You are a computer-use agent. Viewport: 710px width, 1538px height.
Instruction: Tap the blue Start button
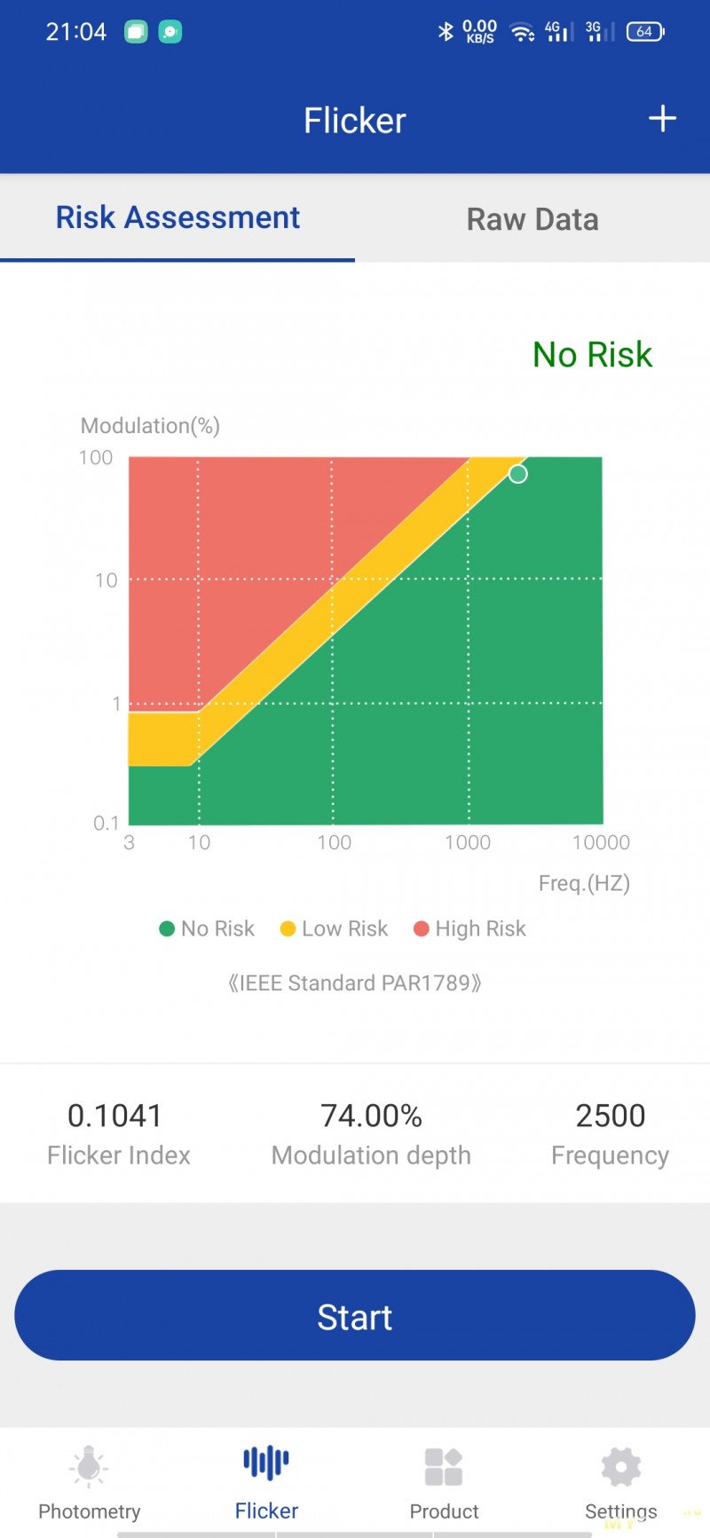pos(354,1315)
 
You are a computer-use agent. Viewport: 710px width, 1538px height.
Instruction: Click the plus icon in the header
pos(662,119)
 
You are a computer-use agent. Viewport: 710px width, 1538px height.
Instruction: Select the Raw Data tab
pos(532,219)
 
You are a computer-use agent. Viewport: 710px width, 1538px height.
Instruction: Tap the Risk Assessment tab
pos(177,217)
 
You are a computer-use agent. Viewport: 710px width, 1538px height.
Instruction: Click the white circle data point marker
pos(517,474)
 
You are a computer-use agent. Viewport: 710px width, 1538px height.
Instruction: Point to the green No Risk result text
pos(592,355)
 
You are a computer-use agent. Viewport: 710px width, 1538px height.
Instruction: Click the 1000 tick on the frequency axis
pos(468,842)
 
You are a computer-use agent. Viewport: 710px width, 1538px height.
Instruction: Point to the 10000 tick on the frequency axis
pos(601,842)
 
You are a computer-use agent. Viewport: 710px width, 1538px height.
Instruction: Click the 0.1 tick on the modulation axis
pos(106,823)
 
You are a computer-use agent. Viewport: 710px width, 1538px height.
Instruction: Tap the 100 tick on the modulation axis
pos(96,457)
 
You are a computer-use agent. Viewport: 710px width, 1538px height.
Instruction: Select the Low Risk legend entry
pos(334,928)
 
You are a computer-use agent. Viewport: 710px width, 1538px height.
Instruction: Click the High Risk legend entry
pos(469,928)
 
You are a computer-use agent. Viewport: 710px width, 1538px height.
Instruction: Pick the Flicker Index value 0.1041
pos(114,1116)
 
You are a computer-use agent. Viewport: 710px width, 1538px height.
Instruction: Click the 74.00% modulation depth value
pos(371,1116)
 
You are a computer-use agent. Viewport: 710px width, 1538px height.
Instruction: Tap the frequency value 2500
pos(610,1116)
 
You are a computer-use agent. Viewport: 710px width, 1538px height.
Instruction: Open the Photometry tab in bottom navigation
pos(89,1483)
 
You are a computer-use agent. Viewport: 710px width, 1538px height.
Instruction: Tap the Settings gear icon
pos(620,1467)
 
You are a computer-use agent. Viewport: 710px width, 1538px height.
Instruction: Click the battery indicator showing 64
pos(645,32)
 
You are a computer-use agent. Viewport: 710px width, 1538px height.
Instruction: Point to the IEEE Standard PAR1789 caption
pos(354,983)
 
